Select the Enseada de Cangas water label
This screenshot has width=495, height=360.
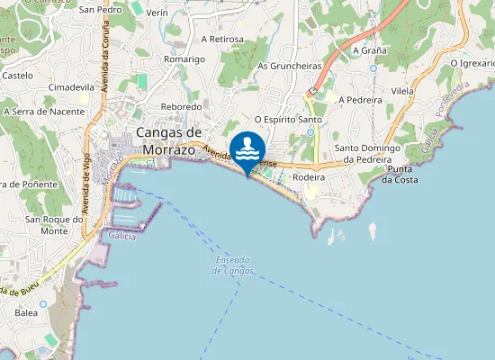[x=235, y=265]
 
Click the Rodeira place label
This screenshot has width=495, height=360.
[x=308, y=178]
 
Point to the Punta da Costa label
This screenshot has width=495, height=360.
[x=400, y=175]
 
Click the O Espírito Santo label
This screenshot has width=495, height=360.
[x=289, y=119]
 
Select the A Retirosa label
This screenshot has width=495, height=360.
[x=222, y=40]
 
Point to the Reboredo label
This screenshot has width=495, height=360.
[x=181, y=106]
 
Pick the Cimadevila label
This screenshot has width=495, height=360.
[x=71, y=87]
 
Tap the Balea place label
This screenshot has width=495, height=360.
[x=26, y=313]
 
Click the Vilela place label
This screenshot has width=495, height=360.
[x=402, y=92]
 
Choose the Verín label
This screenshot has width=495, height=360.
[x=157, y=13]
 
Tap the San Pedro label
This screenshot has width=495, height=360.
[x=101, y=10]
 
